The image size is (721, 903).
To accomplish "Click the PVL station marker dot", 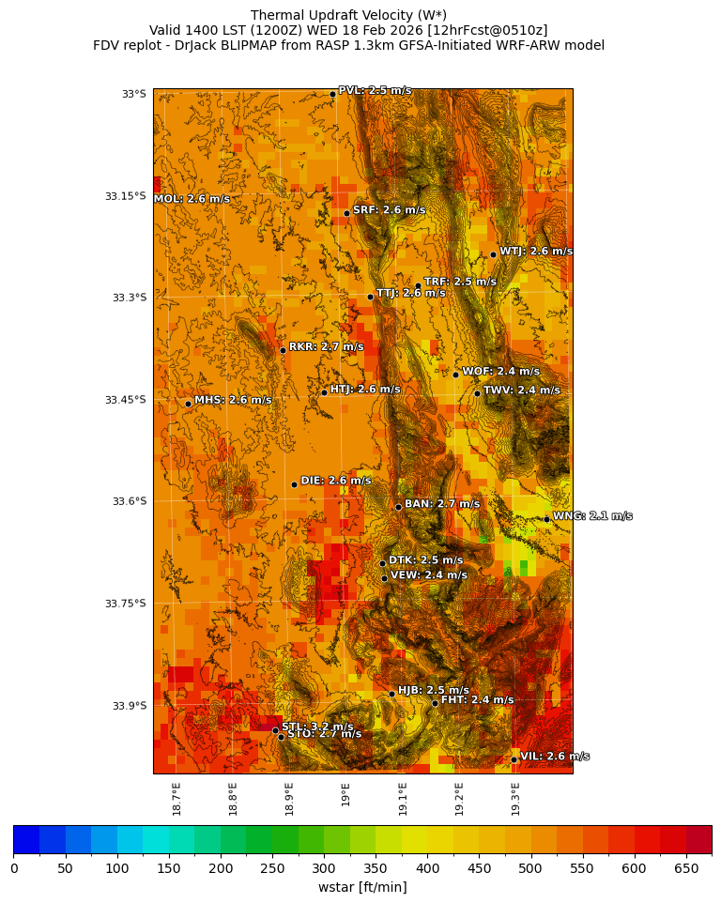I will (332, 94).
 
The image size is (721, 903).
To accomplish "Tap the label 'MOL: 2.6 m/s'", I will (192, 199).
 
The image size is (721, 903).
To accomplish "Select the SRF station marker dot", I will (346, 213).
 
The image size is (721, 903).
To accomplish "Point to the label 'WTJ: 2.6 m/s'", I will (536, 252).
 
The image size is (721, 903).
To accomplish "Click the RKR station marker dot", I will (283, 350).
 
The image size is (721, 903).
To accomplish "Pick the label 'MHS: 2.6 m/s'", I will (233, 400).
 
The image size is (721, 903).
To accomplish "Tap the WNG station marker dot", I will (546, 519).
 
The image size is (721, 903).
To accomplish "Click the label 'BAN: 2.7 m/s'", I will (442, 504).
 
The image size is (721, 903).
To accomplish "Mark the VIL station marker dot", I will (514, 759).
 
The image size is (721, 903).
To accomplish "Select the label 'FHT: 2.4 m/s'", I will (477, 699).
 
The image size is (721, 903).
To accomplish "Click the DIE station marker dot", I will (294, 484).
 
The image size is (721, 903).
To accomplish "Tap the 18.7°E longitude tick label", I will (176, 798).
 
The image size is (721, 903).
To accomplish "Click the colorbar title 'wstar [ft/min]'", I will (362, 887).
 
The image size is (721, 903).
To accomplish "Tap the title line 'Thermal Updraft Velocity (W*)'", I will (348, 15).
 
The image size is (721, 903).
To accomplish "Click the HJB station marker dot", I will (391, 694).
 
